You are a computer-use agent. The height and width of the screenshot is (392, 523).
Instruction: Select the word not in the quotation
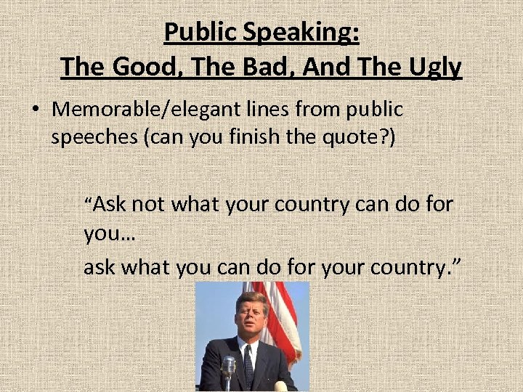coord(148,205)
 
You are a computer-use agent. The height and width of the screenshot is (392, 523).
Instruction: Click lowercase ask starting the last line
coord(100,267)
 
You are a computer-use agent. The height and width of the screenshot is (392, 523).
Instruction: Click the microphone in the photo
coord(229,369)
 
